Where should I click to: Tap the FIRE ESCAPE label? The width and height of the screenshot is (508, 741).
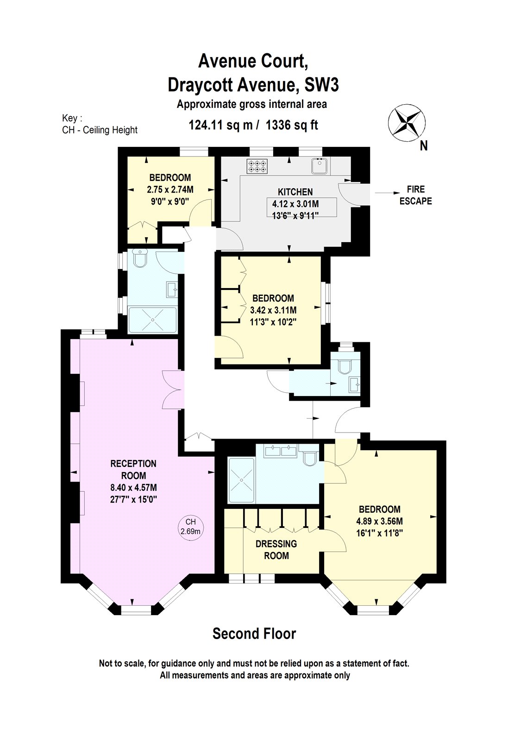[415, 195]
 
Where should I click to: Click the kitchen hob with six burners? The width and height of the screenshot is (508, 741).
[257, 166]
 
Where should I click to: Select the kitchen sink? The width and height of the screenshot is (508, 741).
[320, 166]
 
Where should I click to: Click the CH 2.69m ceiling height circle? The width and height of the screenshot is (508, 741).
[190, 527]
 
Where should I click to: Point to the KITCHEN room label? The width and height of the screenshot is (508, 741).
[295, 192]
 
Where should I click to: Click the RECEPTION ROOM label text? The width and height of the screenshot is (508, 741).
[133, 469]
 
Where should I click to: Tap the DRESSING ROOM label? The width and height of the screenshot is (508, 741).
[276, 550]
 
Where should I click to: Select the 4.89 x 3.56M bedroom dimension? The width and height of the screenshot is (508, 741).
[379, 521]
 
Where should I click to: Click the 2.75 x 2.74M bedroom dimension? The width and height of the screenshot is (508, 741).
[170, 189]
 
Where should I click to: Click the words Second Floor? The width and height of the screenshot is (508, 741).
[254, 633]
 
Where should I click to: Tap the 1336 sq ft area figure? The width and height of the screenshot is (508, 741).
[292, 125]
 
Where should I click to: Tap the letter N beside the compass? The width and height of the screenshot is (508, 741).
[423, 146]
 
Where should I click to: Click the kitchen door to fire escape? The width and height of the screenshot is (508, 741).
[349, 194]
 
